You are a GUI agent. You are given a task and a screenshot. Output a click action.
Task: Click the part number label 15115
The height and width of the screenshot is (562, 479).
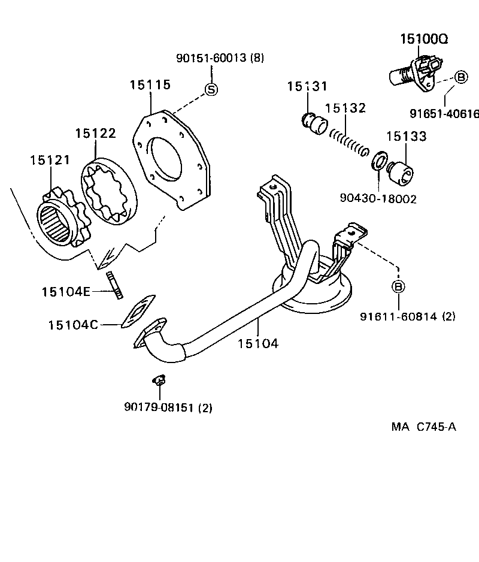click(x=150, y=84)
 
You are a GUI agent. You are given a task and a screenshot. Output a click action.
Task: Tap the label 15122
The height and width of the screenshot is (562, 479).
click(x=95, y=133)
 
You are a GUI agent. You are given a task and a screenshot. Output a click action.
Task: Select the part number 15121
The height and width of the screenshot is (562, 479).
click(x=50, y=160)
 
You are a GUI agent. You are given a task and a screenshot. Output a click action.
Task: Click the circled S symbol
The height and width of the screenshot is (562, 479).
click(x=211, y=89)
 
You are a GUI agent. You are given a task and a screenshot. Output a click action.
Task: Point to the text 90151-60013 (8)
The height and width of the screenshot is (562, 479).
click(x=220, y=58)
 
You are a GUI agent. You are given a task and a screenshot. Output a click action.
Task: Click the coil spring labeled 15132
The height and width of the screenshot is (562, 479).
click(x=348, y=141)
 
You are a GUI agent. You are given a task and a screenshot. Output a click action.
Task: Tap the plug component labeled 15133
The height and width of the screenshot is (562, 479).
click(x=400, y=171)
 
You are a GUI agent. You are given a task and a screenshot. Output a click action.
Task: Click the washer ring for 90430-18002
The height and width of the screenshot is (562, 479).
click(x=378, y=161)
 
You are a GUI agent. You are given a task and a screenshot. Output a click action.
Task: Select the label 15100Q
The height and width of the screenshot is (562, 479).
click(x=424, y=40)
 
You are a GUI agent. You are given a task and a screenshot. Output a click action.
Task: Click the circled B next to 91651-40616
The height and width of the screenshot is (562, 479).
click(x=460, y=77)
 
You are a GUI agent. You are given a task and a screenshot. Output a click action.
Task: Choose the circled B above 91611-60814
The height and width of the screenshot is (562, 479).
click(x=399, y=287)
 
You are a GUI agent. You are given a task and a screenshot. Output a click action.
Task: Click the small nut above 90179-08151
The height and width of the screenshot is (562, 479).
click(x=159, y=380)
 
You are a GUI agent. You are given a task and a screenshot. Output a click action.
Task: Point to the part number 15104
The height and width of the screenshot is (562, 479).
click(x=257, y=343)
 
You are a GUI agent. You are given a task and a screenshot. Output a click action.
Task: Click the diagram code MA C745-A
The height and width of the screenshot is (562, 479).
click(x=424, y=427)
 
